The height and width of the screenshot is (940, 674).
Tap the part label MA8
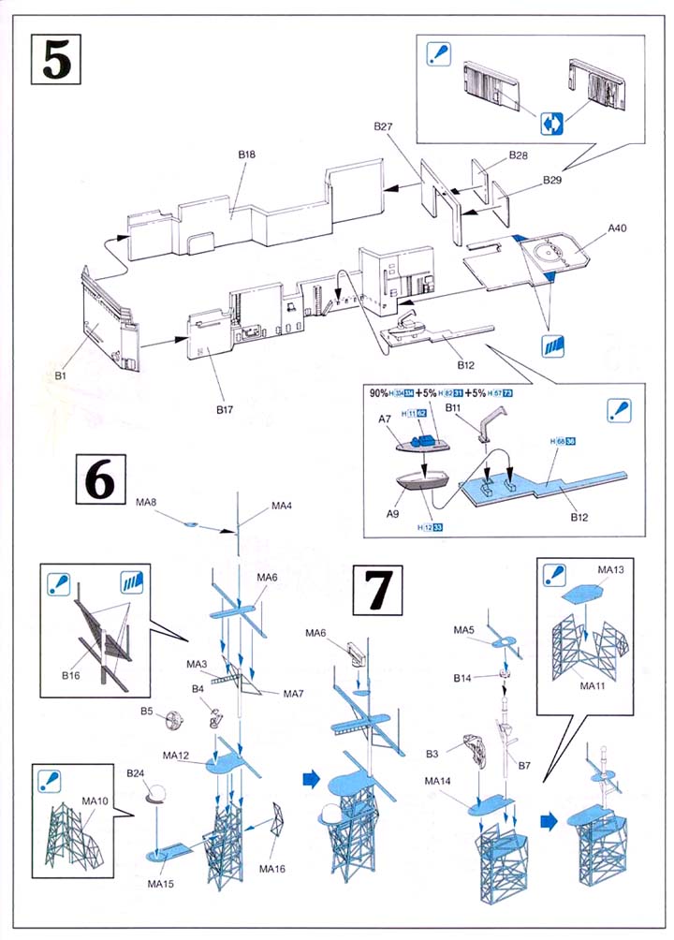(147, 503)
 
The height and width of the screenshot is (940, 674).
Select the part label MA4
(282, 507)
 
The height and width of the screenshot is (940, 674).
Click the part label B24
(137, 773)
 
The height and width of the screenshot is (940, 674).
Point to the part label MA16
(272, 870)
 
